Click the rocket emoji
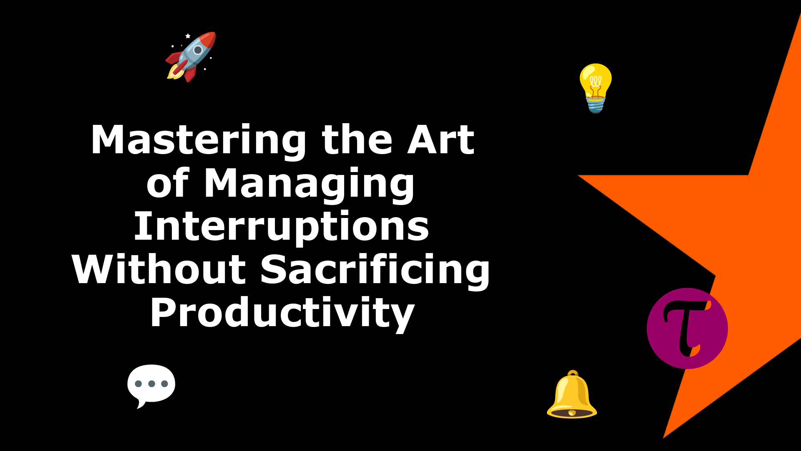191,57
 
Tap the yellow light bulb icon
596,88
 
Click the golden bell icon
572,394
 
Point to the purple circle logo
687,328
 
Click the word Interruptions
281,227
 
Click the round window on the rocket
198,50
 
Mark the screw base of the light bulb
596,105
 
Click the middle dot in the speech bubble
151,384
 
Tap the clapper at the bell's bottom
572,413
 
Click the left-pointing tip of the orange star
578,175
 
